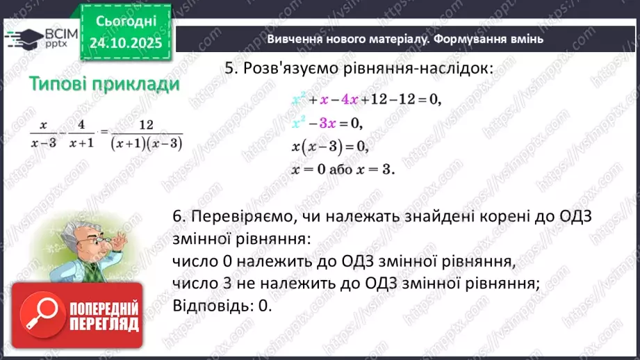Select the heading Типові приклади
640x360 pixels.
(x=104, y=84)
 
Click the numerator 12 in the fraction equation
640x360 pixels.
(x=146, y=125)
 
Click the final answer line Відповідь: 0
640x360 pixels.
(x=220, y=306)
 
